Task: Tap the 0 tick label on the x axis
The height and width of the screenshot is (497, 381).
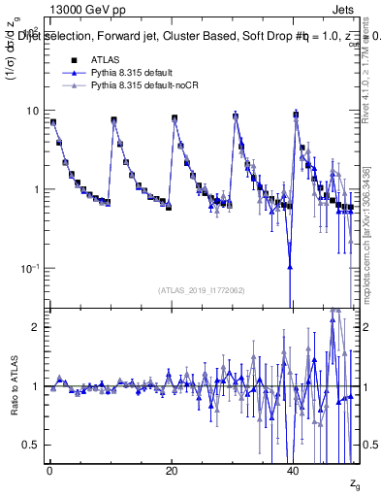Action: (49, 470)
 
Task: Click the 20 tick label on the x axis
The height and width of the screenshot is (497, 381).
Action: (172, 470)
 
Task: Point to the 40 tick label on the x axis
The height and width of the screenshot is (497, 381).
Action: (294, 470)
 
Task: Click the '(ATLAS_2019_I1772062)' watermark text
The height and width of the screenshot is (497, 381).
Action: (201, 289)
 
